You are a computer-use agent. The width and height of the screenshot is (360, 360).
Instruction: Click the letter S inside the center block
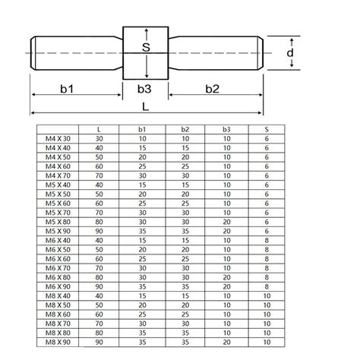(146, 47)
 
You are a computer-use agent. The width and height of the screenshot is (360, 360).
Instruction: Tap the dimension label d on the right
(290, 52)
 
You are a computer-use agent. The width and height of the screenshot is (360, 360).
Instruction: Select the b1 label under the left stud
(67, 89)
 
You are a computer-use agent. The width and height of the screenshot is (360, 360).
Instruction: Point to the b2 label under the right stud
(212, 89)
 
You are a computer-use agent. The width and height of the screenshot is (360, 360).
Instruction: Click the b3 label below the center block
(144, 89)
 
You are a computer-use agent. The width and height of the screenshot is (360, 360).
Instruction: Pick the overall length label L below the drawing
(145, 107)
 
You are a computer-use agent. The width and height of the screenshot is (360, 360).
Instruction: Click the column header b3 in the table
(226, 129)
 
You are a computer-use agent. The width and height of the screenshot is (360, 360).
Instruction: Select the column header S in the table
(267, 129)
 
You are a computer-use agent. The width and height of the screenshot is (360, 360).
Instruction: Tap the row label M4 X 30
(58, 138)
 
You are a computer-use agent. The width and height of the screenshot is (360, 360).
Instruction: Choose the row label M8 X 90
(58, 342)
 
